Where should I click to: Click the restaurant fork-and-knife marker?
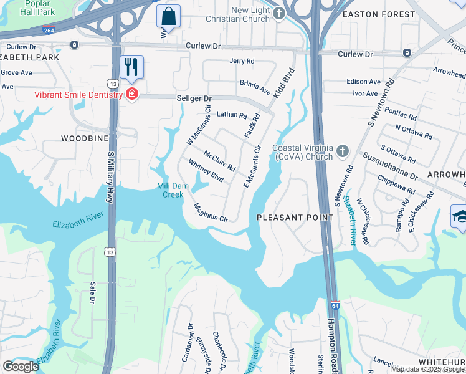(131, 67)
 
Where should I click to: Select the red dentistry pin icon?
(131, 95)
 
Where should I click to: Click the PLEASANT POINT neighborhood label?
(295, 217)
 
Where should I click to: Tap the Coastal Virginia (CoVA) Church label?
(302, 151)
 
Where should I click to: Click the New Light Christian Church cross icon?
(280, 13)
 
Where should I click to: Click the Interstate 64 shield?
(335, 306)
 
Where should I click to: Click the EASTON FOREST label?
(388, 14)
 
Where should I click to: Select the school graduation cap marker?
(460, 218)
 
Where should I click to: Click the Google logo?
(21, 366)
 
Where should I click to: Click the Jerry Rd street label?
(242, 61)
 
